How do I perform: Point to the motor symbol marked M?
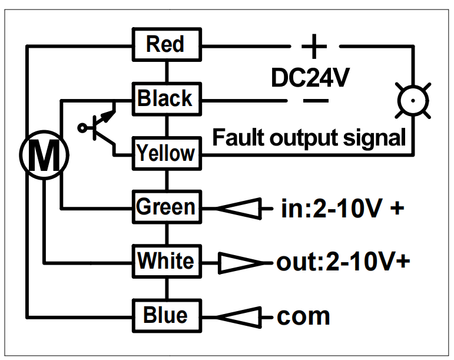(44, 155)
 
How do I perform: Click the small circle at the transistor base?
(82, 128)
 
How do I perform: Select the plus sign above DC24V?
(314, 47)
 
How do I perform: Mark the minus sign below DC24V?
(316, 101)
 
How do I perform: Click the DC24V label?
(310, 77)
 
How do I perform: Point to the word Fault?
(238, 137)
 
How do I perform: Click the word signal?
(374, 139)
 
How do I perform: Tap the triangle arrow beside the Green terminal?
(238, 209)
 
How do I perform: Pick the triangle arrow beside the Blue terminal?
(238, 318)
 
